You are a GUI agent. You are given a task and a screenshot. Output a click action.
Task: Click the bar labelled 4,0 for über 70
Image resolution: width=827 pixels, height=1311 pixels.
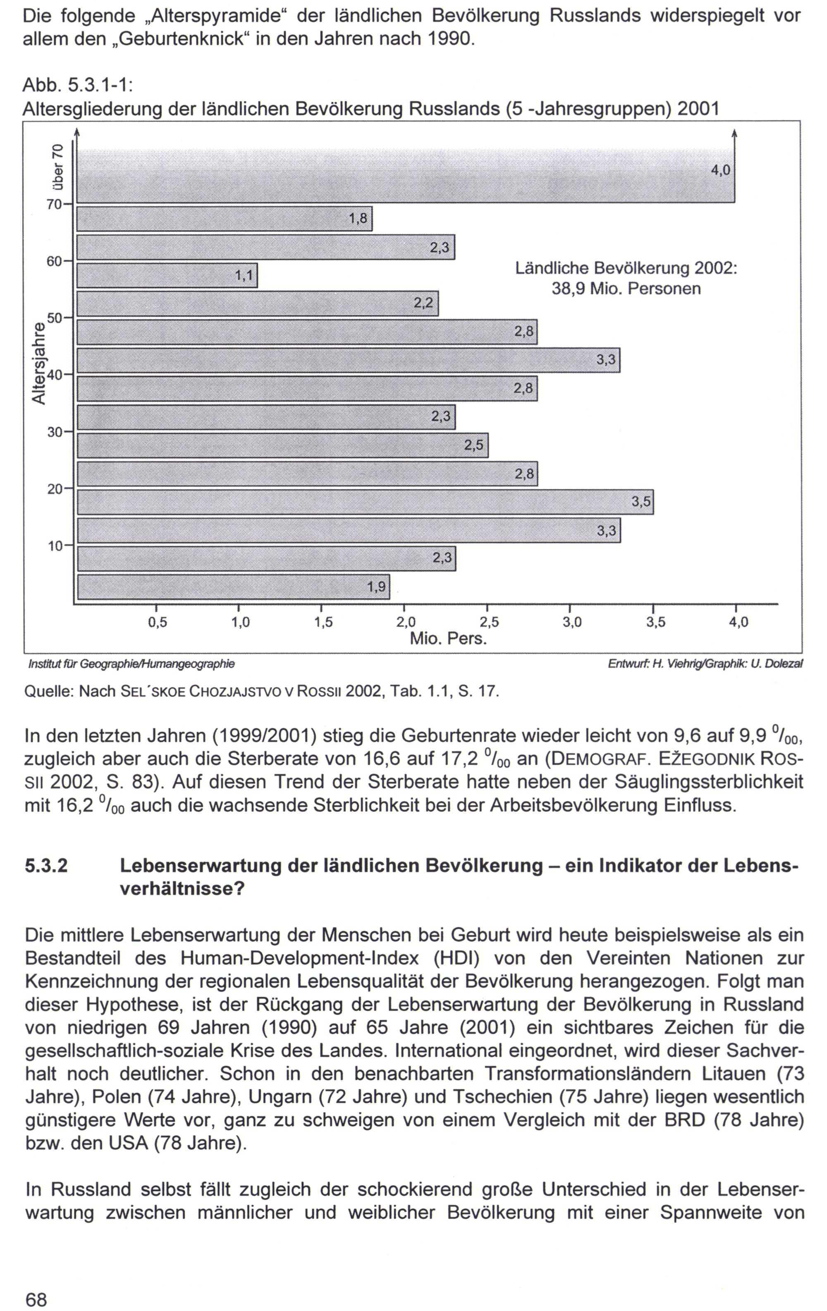[405, 175]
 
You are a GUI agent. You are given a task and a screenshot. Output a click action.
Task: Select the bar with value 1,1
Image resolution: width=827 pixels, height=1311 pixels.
[167, 275]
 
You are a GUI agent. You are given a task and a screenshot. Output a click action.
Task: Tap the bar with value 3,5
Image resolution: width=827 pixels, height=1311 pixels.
[365, 502]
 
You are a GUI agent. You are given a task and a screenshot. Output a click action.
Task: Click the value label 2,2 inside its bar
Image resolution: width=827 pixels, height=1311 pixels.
[423, 303]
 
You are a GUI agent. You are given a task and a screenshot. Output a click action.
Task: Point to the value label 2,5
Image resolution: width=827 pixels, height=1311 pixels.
[473, 445]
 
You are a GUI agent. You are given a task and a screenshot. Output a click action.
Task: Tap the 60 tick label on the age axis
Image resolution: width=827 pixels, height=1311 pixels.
[54, 261]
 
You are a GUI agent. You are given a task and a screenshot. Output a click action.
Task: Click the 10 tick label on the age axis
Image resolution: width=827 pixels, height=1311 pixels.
[55, 545]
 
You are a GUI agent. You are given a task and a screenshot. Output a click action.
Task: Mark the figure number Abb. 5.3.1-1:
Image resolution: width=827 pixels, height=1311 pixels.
[79, 86]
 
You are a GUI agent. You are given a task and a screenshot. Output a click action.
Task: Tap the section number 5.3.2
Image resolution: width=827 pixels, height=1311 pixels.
[47, 866]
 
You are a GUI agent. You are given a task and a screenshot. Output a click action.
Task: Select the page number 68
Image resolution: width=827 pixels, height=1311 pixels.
[36, 1296]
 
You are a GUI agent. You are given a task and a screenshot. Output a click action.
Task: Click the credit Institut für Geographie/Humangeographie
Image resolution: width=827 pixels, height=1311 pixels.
[132, 664]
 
